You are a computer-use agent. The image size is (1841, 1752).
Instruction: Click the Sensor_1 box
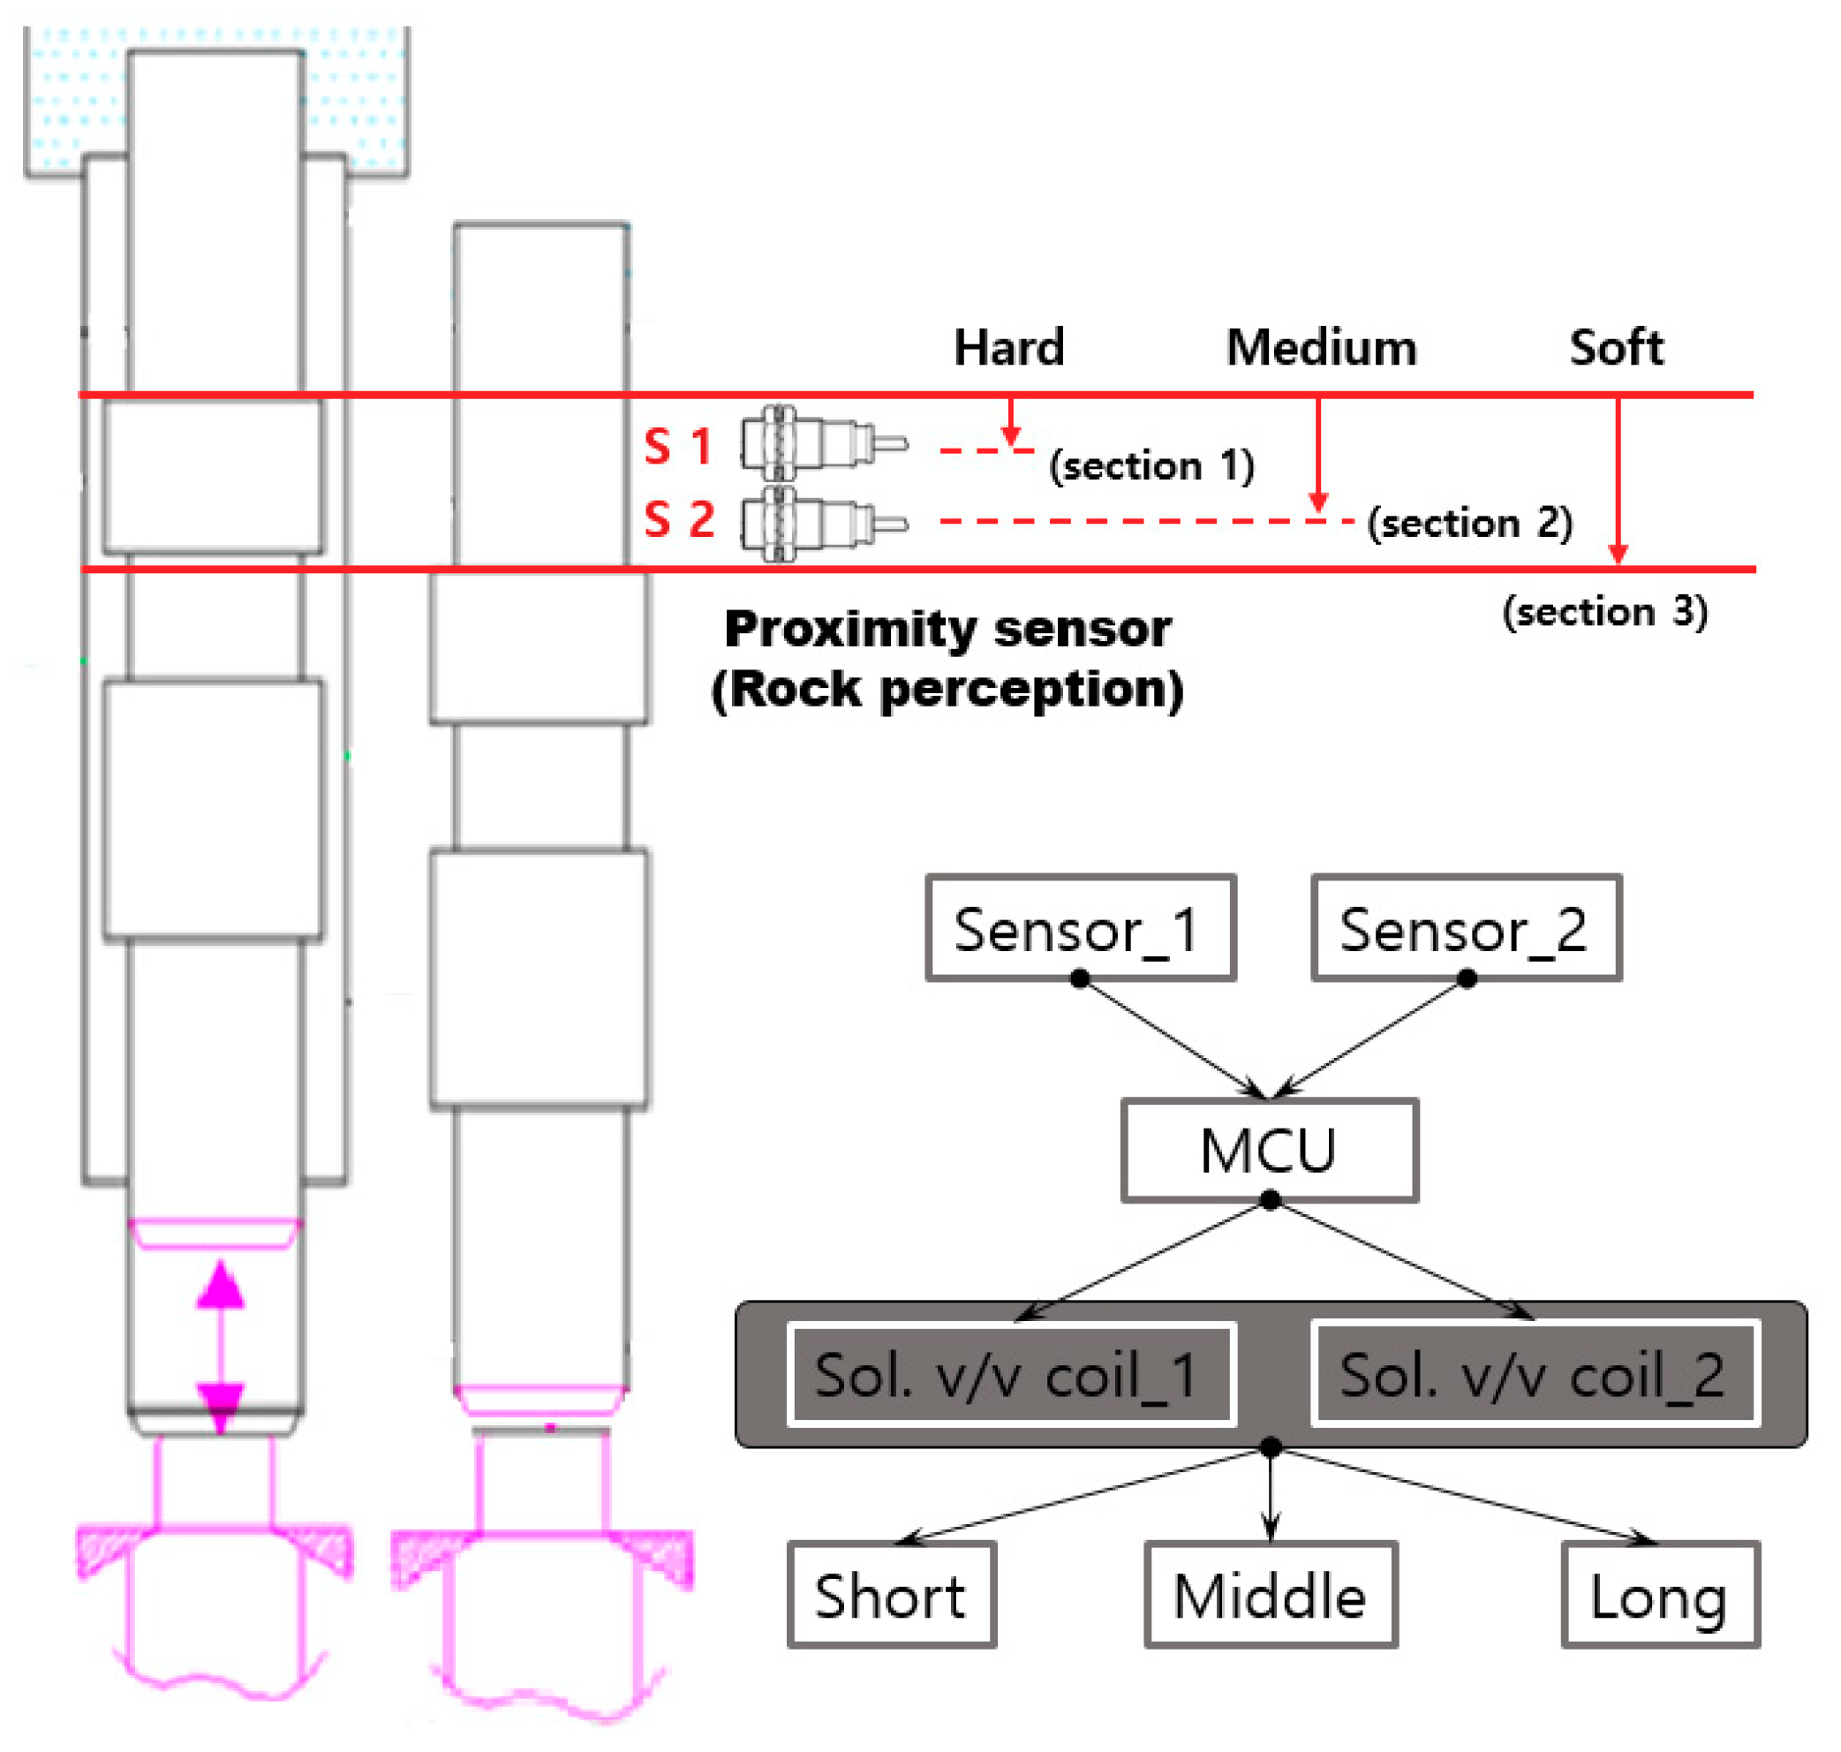[1080, 928]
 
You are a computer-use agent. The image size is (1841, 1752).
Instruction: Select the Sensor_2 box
[1466, 928]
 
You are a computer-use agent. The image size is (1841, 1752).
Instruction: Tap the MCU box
[1269, 1150]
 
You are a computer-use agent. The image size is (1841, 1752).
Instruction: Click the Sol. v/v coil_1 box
[1011, 1374]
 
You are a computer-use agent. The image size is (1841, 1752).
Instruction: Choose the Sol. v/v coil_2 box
[1535, 1374]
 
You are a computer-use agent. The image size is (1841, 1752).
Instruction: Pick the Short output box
[892, 1595]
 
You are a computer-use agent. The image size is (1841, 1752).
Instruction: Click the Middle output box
[1271, 1595]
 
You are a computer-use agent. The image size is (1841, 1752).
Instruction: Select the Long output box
[1660, 1595]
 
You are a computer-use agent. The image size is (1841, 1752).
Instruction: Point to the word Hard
[1009, 347]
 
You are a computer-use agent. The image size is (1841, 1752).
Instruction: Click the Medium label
[1321, 347]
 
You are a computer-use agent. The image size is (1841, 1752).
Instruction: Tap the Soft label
[1616, 347]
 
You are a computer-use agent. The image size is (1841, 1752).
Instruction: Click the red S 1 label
[679, 447]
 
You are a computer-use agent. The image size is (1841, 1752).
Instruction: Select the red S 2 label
[679, 519]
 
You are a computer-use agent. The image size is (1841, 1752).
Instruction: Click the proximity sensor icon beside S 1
[821, 443]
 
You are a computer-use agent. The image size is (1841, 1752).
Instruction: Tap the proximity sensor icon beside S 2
[821, 523]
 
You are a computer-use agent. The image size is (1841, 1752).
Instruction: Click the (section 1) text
[1151, 465]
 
